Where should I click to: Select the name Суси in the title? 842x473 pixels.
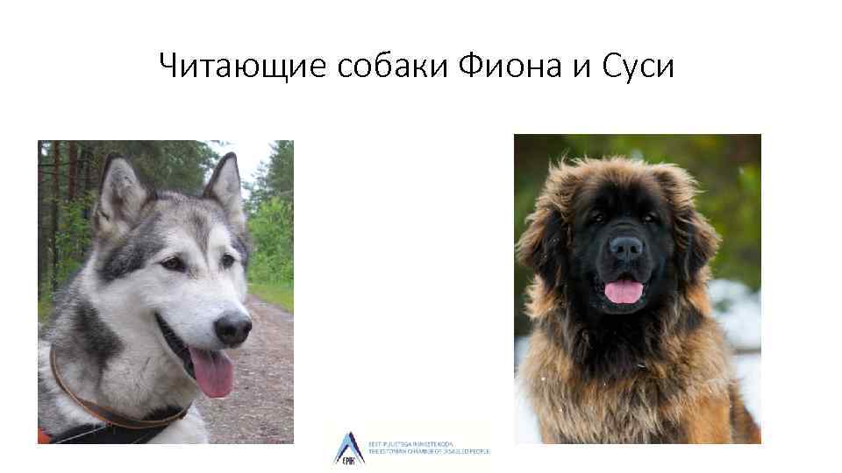[x=639, y=66]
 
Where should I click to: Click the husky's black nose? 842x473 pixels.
[x=233, y=328]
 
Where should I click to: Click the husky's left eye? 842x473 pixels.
[x=172, y=264]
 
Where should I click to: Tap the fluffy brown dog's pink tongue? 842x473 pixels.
[x=624, y=291]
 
